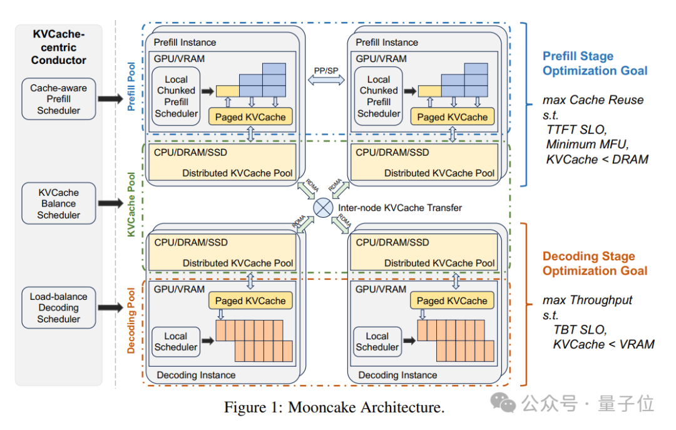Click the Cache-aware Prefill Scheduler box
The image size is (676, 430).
pyautogui.click(x=58, y=99)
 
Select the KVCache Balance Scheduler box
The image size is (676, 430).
pyautogui.click(x=58, y=203)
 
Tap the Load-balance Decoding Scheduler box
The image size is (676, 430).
pyautogui.click(x=58, y=307)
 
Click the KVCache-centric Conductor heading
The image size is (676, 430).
pyautogui.click(x=58, y=47)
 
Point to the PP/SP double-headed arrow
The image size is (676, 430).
pyautogui.click(x=325, y=79)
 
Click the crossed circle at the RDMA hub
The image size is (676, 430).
pyautogui.click(x=323, y=207)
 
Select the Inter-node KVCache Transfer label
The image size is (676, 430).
pyautogui.click(x=400, y=207)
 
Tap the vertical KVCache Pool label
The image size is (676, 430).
pyautogui.click(x=131, y=206)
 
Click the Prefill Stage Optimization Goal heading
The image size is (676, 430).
pyautogui.click(x=595, y=63)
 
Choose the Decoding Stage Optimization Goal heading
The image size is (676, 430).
pyautogui.click(x=595, y=264)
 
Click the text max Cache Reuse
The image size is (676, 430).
pyautogui.click(x=593, y=100)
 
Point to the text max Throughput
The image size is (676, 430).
pyautogui.click(x=587, y=300)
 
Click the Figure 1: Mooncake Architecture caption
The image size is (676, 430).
pyautogui.click(x=334, y=407)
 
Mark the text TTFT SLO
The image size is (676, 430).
pyautogui.click(x=576, y=130)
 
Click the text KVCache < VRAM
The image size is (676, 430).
pyautogui.click(x=603, y=344)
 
